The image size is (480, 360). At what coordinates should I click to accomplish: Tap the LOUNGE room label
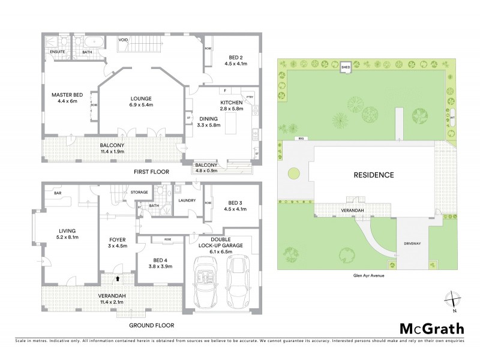pos(142,99)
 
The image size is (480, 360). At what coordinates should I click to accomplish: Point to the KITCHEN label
pos(231,103)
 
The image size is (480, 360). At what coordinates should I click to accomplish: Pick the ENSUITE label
pos(58,52)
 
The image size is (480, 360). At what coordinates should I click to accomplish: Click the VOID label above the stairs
pos(123,40)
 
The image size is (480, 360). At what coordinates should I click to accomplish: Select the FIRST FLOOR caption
pos(151,172)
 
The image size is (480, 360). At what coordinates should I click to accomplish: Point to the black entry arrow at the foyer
pos(118,278)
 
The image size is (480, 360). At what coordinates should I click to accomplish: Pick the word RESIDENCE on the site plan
pos(373,175)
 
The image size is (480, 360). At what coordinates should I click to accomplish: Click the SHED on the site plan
pos(346,68)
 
